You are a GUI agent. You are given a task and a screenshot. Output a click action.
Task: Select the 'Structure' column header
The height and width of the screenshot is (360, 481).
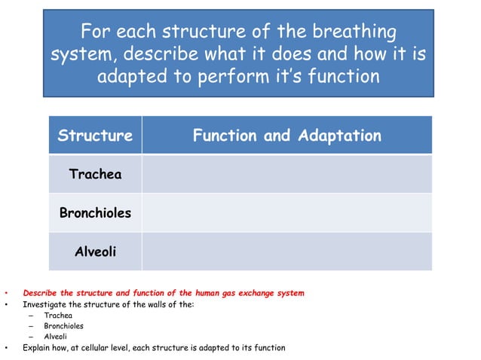(x=95, y=136)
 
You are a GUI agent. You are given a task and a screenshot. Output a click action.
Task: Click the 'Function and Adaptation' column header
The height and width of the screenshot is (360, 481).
(x=286, y=136)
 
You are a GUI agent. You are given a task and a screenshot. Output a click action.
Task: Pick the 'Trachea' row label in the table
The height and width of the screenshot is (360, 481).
(x=95, y=174)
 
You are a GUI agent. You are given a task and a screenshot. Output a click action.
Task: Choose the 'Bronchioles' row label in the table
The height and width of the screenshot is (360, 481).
(x=95, y=213)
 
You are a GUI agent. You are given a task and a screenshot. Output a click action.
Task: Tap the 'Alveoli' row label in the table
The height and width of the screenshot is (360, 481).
(x=95, y=252)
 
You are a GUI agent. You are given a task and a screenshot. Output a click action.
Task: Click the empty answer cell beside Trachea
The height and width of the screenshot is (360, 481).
(x=286, y=174)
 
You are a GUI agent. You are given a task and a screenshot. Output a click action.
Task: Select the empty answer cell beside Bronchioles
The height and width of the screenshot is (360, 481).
(x=286, y=213)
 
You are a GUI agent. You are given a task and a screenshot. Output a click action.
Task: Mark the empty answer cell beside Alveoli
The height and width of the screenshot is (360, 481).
(x=286, y=252)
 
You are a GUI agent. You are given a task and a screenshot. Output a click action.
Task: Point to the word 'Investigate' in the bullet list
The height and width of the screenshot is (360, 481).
(x=42, y=304)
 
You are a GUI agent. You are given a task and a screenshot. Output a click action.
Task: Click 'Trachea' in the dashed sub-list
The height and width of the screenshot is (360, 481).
(x=58, y=316)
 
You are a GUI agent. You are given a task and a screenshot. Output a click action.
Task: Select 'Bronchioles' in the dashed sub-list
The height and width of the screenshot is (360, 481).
(x=63, y=326)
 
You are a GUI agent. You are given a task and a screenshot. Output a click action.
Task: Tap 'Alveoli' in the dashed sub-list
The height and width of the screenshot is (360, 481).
(x=55, y=337)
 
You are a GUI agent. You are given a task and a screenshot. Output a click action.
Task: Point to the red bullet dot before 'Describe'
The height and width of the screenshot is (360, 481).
(x=6, y=293)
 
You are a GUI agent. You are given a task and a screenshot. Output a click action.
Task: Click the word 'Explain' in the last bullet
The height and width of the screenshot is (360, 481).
(x=36, y=348)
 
